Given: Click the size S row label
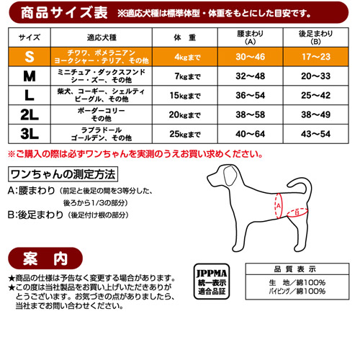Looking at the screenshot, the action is [30, 57].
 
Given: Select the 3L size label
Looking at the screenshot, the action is [30, 134].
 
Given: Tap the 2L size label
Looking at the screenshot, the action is [30, 114].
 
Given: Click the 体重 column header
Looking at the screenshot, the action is [185, 37].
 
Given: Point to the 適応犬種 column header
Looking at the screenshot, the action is [102, 37].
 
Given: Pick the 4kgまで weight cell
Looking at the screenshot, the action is [187, 57].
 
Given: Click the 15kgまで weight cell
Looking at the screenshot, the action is [185, 96].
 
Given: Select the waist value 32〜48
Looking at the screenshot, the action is [251, 76].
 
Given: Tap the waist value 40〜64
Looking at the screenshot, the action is [251, 134].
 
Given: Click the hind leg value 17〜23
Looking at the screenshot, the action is [316, 57].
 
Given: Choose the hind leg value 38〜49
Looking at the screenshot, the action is [316, 114].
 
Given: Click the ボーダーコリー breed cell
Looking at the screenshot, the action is [102, 114].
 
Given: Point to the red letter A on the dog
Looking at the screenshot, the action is [279, 206].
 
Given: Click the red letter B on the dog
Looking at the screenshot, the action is [297, 212].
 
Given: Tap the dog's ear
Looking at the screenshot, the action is [230, 176].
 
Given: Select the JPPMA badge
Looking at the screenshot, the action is [212, 282].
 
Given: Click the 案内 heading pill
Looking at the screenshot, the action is [45, 258].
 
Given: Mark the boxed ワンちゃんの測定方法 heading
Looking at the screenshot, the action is [63, 174].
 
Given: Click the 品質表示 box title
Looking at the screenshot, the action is [295, 269].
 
